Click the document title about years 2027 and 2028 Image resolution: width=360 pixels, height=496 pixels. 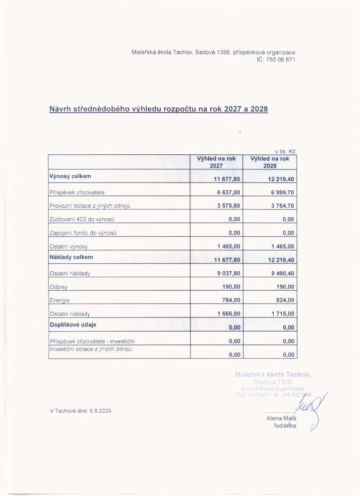coord(159,109)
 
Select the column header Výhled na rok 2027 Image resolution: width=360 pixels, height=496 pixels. coord(216,162)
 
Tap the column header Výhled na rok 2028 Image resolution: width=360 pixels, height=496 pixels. coord(270,162)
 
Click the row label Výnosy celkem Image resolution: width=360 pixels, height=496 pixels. coord(70,176)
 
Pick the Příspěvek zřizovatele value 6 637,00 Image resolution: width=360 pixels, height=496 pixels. coord(229,192)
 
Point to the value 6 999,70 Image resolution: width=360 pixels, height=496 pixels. coord(282,192)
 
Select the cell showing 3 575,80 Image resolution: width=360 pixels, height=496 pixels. coord(229,205)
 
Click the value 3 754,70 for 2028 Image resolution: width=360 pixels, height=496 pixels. coord(282,205)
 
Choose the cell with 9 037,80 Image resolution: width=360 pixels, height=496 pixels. coord(229,273)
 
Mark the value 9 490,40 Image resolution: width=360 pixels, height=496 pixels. coord(282,273)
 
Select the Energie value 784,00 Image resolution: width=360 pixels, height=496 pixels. coord(232,300)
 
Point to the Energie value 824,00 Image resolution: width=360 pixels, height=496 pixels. coord(285,300)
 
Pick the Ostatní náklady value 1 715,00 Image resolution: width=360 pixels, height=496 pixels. coord(282,314)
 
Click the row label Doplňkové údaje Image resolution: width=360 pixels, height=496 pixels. coord(72,324)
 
